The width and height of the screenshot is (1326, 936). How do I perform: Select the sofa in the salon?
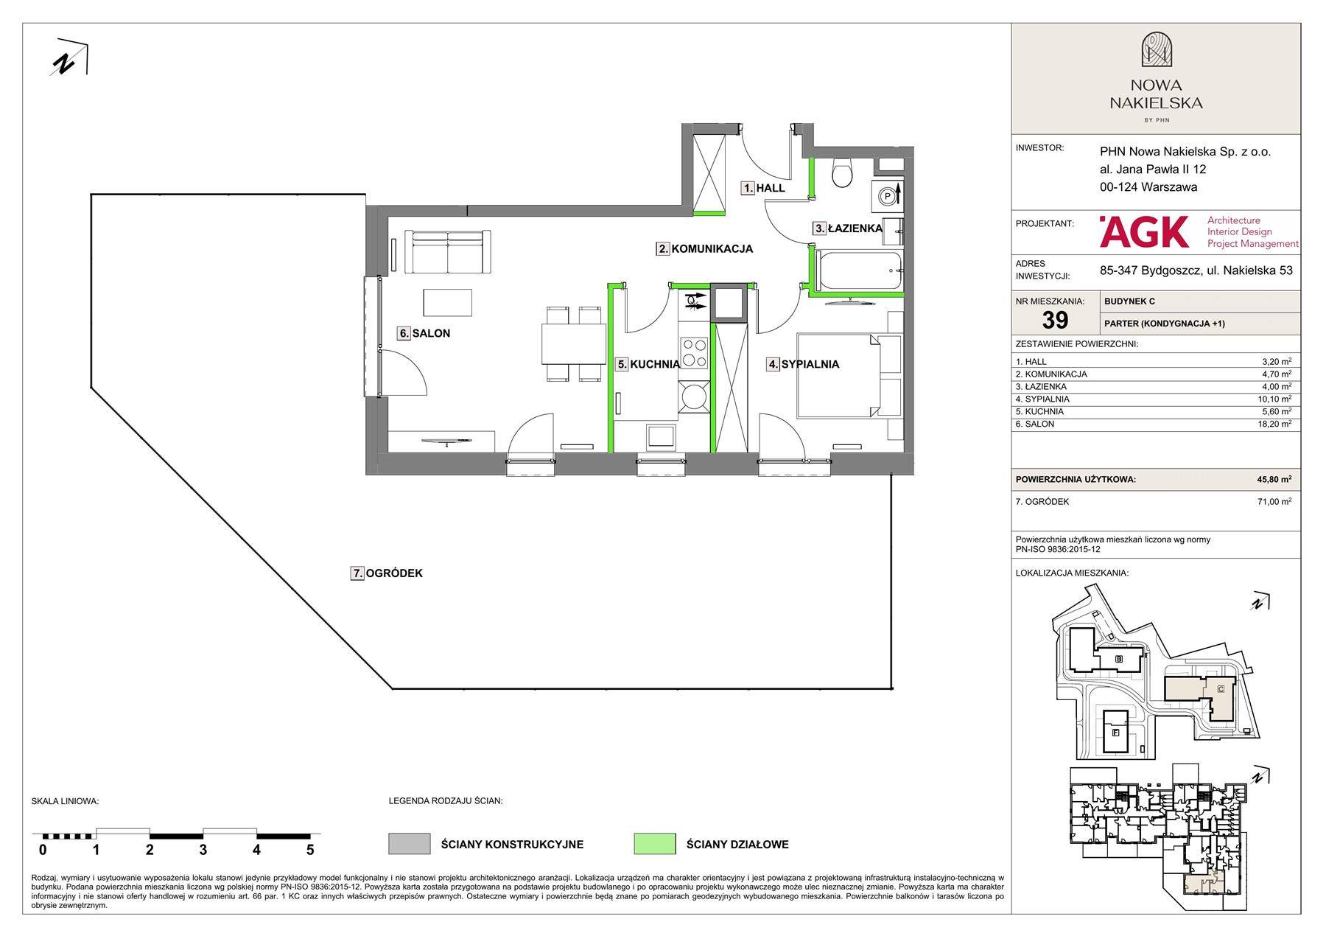point(447,251)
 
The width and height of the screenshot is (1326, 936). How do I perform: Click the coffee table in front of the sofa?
point(447,302)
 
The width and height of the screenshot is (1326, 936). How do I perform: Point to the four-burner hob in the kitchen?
point(693,352)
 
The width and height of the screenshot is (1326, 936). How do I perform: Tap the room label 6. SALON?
point(424,333)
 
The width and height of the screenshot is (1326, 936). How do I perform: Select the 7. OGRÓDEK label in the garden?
point(387,573)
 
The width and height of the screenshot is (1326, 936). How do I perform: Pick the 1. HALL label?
point(763,188)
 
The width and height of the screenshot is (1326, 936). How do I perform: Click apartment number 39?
point(1055,320)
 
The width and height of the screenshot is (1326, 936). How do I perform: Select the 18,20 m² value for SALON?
point(1276,424)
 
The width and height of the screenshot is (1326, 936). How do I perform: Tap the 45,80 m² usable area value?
point(1275,479)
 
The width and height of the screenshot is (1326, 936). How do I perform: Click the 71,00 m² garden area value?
point(1276,501)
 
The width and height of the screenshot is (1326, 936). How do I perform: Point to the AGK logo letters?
point(1143,231)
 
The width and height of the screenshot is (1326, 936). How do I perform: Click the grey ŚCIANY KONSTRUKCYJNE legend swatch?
point(409,844)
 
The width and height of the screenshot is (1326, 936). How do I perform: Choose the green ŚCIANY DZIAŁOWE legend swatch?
point(654,844)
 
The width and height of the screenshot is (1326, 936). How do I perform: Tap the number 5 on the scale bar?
point(310,850)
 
